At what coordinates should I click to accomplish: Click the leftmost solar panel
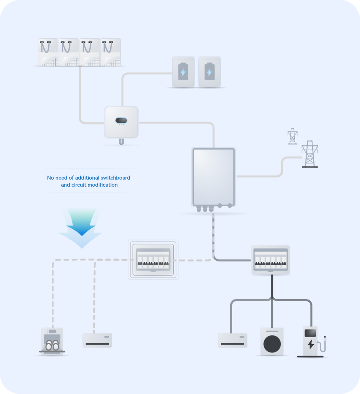48,52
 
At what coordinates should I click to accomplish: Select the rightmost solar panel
110,52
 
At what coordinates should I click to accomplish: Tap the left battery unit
183,72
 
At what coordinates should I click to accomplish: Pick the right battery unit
210,72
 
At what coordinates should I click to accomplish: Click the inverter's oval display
121,120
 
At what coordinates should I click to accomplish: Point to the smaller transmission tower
292,136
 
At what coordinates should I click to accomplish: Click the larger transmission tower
310,154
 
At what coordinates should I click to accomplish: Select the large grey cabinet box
214,177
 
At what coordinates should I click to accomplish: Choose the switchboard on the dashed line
153,260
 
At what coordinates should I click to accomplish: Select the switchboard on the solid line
271,260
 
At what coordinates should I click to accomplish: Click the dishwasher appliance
52,341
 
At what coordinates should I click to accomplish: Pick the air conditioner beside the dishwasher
97,340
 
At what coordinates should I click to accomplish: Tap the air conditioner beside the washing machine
233,340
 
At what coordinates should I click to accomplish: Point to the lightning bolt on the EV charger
311,344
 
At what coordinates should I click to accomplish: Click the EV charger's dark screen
310,333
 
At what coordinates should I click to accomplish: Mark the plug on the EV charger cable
325,339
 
